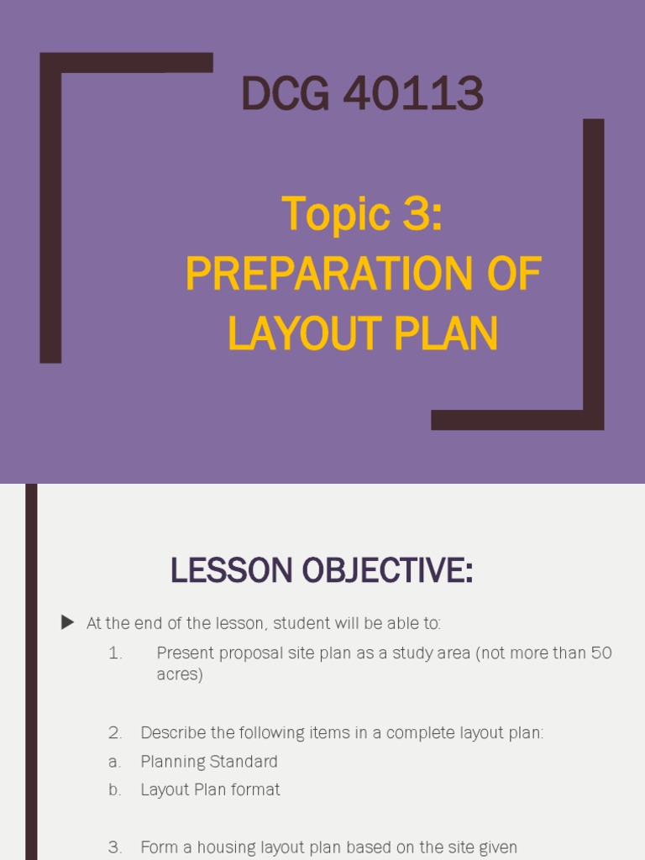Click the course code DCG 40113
[x=362, y=94]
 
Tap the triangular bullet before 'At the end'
[x=67, y=622]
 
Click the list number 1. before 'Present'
[x=115, y=653]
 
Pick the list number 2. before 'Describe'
[x=115, y=733]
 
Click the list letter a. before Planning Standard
[x=115, y=762]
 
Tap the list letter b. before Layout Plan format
[x=115, y=789]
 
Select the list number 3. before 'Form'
[x=115, y=847]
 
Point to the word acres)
[x=180, y=674]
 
